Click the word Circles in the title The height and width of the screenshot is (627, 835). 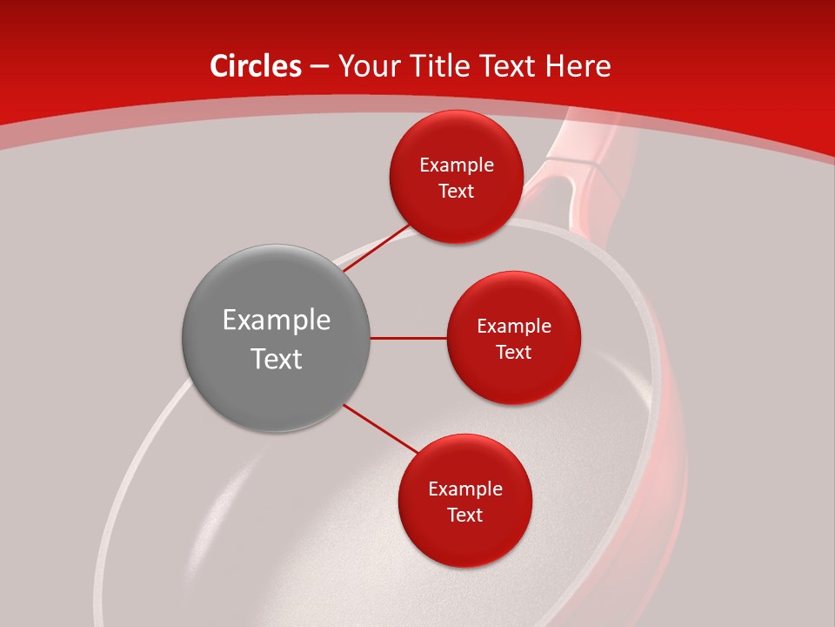coord(255,66)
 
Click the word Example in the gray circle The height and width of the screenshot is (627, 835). coord(277,320)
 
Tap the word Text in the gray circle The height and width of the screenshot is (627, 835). coord(277,359)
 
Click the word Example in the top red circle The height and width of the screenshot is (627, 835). coord(457,165)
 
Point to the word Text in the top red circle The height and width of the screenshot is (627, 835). coord(457,192)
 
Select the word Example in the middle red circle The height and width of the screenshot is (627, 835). coord(514,327)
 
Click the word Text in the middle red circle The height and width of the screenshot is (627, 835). coord(514,353)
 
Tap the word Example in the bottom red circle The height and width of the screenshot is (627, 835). coord(465,489)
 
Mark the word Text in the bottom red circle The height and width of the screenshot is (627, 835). coord(465,516)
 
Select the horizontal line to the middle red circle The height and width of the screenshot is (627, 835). coord(409,338)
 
